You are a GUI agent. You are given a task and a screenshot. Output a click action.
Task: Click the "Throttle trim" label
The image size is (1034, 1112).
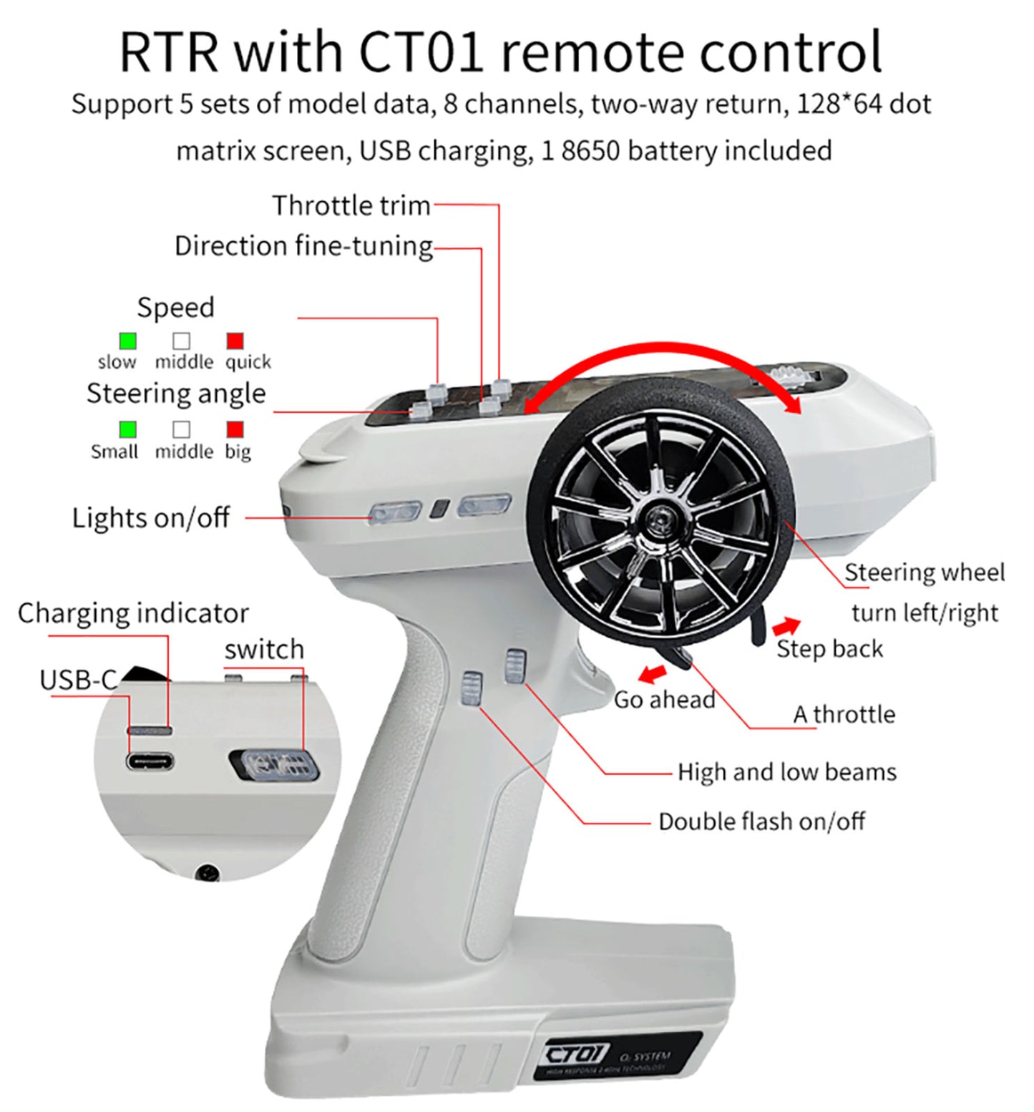351,206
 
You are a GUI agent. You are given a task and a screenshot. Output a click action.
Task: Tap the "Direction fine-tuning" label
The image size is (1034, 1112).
303,246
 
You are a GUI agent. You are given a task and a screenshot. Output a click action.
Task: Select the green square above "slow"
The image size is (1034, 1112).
128,341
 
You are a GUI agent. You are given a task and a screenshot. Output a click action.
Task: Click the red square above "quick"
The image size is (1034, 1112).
235,341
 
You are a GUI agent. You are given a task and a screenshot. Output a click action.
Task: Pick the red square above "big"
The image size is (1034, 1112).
235,429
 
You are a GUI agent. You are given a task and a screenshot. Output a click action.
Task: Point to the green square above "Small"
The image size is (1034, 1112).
128,429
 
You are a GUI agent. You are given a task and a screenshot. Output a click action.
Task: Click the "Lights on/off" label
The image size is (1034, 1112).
150,517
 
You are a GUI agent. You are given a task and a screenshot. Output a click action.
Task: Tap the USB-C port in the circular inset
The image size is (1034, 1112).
150,761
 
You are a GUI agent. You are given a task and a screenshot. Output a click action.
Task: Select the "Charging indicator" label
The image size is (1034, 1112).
133,613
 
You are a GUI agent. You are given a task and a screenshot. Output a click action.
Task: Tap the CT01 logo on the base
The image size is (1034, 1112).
577,1054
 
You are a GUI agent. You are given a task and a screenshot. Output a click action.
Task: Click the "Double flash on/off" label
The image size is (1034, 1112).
761,821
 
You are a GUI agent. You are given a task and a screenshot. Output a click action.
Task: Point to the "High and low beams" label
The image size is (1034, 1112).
786,772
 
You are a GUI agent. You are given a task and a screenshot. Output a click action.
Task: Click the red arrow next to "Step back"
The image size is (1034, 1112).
786,626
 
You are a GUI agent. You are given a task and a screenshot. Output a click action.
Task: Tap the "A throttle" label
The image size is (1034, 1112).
844,714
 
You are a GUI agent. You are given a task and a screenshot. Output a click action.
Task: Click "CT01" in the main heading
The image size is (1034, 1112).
421,52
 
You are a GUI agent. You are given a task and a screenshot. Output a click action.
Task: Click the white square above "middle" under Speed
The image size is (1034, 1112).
182,341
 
